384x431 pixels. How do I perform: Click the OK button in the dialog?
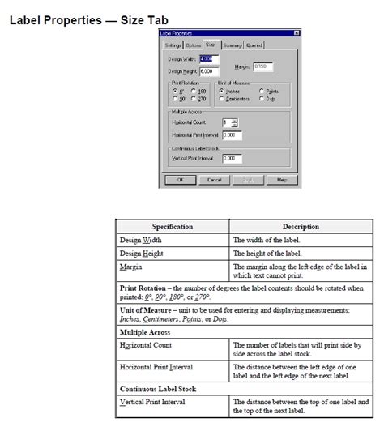pyautogui.click(x=181, y=179)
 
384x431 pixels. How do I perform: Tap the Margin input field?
pyautogui.click(x=265, y=66)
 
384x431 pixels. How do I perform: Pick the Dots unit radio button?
pyautogui.click(x=262, y=99)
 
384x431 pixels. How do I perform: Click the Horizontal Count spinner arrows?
pyautogui.click(x=235, y=122)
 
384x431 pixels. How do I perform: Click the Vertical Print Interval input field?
pyautogui.click(x=233, y=158)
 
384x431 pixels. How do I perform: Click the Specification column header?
pyautogui.click(x=173, y=227)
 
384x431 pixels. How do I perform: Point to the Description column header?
pyautogui.click(x=300, y=227)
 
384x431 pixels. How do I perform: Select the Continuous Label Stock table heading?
pyautogui.click(x=160, y=389)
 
